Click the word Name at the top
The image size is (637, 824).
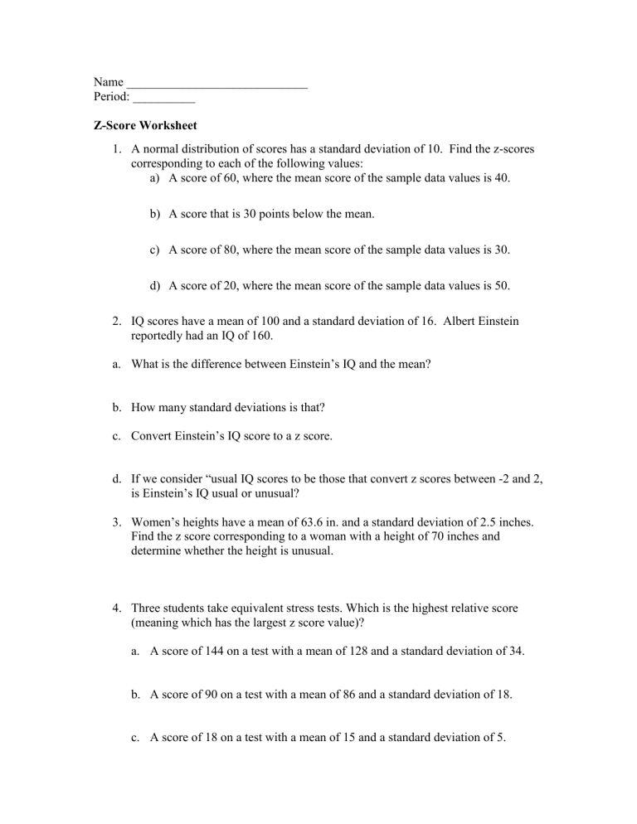pos(108,82)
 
